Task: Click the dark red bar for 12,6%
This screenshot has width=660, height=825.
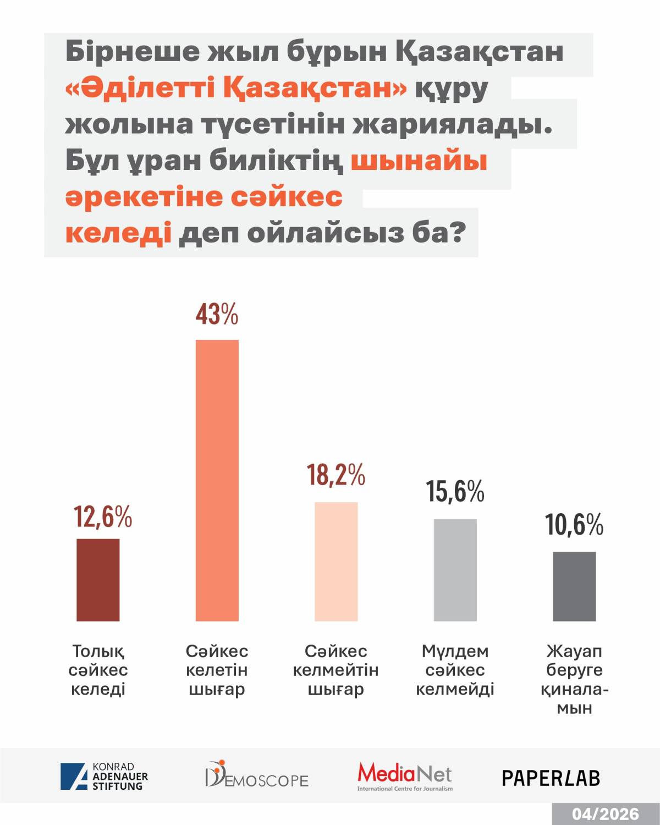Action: (x=98, y=580)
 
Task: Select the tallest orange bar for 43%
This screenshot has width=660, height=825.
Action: (x=217, y=480)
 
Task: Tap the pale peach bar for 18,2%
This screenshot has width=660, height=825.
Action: (x=336, y=561)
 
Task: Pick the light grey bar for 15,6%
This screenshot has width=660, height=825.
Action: (x=455, y=570)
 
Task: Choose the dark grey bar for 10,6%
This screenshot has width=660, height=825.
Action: (x=574, y=586)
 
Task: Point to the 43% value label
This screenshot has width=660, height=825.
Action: (x=217, y=315)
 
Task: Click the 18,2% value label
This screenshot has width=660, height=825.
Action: (x=336, y=475)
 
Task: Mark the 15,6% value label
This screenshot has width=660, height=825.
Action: (x=455, y=491)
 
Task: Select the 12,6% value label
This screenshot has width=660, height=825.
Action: (x=103, y=517)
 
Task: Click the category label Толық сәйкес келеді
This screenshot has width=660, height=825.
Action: (x=98, y=670)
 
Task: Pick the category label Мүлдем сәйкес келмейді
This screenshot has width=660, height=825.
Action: (x=455, y=670)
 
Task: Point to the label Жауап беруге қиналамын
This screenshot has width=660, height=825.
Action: (x=574, y=679)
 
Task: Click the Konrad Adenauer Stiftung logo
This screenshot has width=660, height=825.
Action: (x=105, y=777)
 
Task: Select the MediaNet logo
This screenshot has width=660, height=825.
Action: (x=405, y=776)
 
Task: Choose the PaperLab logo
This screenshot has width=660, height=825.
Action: (x=551, y=778)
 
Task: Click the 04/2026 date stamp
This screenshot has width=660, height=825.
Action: (x=605, y=814)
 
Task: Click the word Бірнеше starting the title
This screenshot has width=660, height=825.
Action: (x=133, y=52)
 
